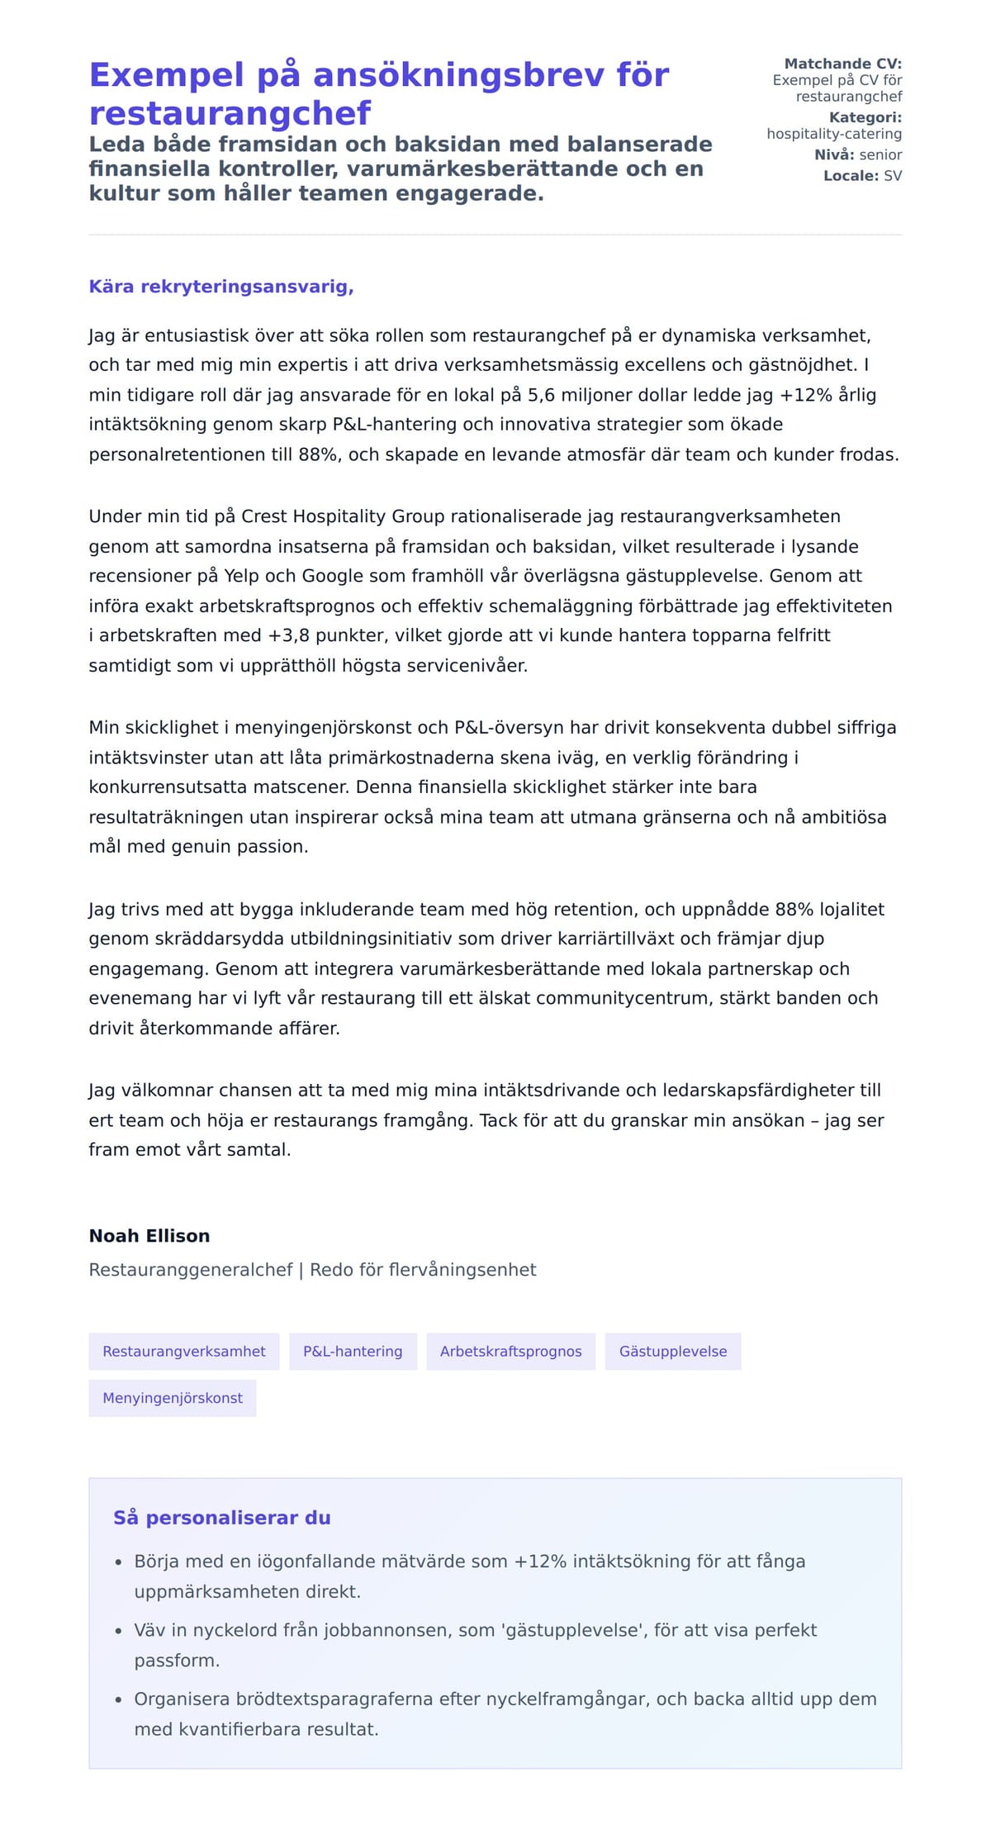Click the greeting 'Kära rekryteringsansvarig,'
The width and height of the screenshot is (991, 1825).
pyautogui.click(x=221, y=287)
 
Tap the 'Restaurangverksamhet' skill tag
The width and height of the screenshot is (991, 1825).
pyautogui.click(x=184, y=1352)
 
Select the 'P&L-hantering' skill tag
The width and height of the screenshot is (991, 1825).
pyautogui.click(x=353, y=1352)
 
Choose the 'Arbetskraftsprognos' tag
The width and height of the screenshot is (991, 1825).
pyautogui.click(x=510, y=1352)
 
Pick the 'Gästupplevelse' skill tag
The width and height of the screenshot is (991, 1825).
pyautogui.click(x=673, y=1352)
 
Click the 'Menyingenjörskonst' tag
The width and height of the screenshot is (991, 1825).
pyautogui.click(x=173, y=1398)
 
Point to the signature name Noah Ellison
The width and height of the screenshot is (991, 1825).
pyautogui.click(x=149, y=1236)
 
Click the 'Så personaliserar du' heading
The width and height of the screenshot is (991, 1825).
pyautogui.click(x=222, y=1518)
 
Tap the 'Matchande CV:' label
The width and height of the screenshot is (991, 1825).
pyautogui.click(x=842, y=64)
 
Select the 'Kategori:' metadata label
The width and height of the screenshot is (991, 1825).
pyautogui.click(x=865, y=117)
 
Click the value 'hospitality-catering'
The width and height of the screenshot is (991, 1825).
pyautogui.click(x=834, y=134)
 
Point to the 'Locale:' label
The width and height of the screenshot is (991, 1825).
pyautogui.click(x=851, y=176)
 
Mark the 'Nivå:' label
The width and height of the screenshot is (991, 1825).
pyautogui.click(x=834, y=154)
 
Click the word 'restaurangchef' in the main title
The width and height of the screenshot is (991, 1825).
pyautogui.click(x=230, y=112)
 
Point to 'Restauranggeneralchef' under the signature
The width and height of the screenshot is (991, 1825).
pyautogui.click(x=191, y=1270)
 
